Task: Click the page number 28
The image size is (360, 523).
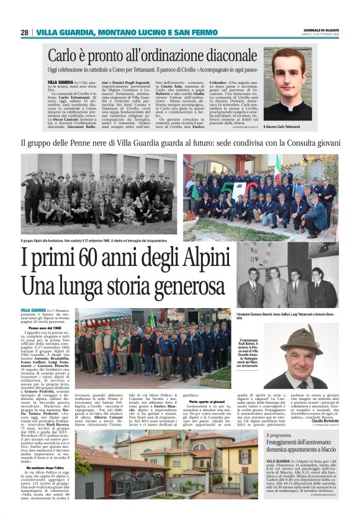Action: (24, 32)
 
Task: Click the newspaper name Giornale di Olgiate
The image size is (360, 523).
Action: (322, 30)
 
